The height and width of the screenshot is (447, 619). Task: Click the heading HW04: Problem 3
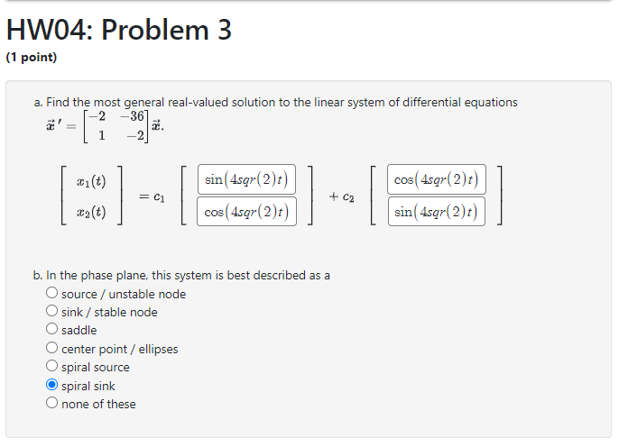point(118,31)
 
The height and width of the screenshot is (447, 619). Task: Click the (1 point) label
point(31,58)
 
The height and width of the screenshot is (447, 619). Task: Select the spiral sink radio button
point(52,386)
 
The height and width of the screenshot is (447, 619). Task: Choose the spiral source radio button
point(52,367)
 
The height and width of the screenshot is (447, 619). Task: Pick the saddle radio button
point(52,330)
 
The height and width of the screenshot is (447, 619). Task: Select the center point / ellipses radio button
point(52,349)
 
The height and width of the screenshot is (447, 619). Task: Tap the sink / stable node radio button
point(52,312)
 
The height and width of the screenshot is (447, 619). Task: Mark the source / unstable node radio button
point(52,294)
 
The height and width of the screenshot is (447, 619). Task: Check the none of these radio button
point(52,404)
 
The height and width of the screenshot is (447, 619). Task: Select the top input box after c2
point(436,179)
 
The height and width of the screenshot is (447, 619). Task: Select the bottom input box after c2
point(436,212)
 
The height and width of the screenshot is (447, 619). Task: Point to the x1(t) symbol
point(91,180)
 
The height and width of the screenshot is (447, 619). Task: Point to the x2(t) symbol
point(91,213)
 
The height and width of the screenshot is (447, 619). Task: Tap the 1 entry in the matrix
point(102,135)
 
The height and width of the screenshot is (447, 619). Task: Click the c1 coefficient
point(159,196)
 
